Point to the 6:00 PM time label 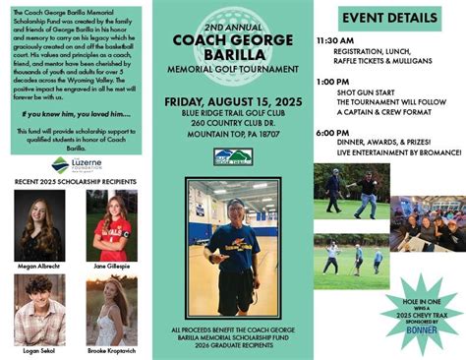tap(332, 131)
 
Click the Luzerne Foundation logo tap(72, 166)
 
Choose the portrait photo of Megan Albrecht tap(40, 224)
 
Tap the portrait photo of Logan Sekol tap(40, 309)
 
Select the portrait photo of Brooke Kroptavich tap(111, 309)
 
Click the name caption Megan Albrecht tap(40, 265)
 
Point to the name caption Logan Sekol tap(40, 349)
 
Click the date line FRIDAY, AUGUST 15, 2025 tap(233, 100)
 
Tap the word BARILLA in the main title tap(233, 54)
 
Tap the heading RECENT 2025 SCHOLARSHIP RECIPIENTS tap(75, 182)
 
